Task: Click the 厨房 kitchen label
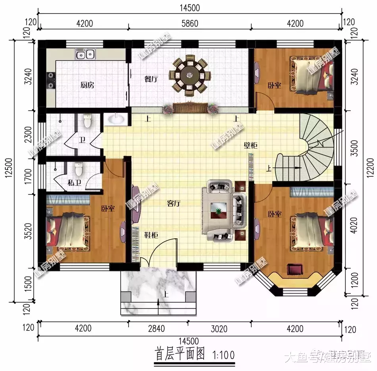click(x=87, y=85)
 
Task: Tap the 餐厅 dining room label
click(x=151, y=79)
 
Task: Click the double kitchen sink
click(x=85, y=54)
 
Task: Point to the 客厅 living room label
click(x=174, y=204)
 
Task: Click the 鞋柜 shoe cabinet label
click(x=151, y=235)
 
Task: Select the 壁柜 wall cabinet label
click(x=250, y=146)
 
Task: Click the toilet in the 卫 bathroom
click(x=88, y=121)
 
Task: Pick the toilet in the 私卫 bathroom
click(x=79, y=170)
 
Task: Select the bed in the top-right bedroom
click(x=312, y=75)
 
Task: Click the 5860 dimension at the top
click(x=189, y=24)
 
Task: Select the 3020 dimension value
click(x=219, y=328)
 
